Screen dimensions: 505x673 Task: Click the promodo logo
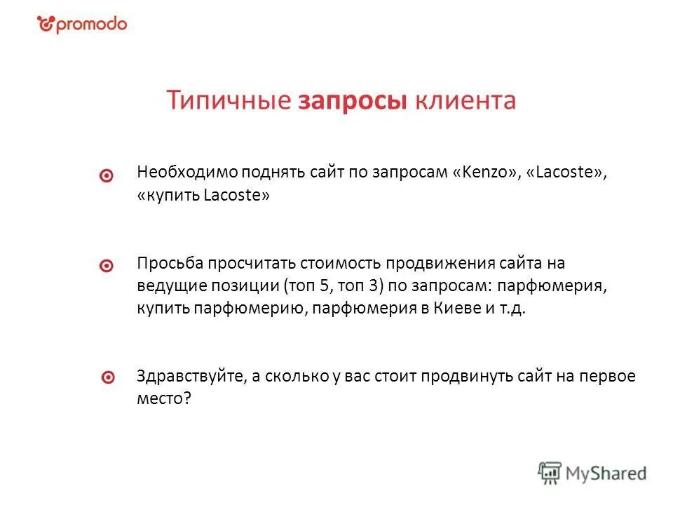(x=82, y=25)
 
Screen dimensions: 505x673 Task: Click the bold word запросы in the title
(x=353, y=100)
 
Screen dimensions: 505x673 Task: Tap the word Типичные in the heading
(x=229, y=100)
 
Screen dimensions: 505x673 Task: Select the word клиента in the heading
(x=465, y=100)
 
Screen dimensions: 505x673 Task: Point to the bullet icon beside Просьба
(x=107, y=267)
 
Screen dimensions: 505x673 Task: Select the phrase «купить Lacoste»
(x=203, y=196)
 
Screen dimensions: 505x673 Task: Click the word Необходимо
(x=187, y=173)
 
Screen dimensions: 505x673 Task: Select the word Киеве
(x=460, y=309)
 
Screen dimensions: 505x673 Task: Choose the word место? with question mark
(x=164, y=398)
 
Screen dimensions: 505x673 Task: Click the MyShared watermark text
(x=606, y=473)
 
